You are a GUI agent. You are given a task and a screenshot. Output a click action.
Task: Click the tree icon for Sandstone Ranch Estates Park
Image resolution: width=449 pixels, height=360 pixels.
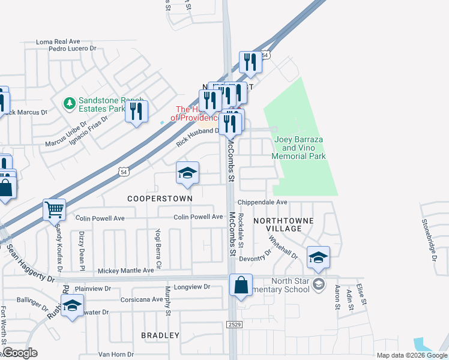pyautogui.click(x=70, y=104)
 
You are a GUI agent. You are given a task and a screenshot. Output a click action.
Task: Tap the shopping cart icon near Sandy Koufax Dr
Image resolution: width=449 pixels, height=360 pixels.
pyautogui.click(x=54, y=210)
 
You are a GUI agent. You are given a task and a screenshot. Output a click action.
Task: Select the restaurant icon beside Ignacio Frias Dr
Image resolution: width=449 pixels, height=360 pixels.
pyautogui.click(x=136, y=112)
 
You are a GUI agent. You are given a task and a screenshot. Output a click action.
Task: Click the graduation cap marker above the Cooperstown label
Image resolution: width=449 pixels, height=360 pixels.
pyautogui.click(x=187, y=173)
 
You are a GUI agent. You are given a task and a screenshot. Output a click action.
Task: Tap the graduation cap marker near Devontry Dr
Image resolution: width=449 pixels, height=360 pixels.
pyautogui.click(x=318, y=257)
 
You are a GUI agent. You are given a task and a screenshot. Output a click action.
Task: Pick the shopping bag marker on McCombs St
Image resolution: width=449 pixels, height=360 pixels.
pyautogui.click(x=241, y=286)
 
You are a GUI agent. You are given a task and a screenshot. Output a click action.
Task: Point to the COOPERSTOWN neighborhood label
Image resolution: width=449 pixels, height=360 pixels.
pyautogui.click(x=160, y=198)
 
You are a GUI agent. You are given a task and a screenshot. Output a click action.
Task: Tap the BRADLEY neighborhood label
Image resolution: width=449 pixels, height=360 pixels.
pyautogui.click(x=160, y=335)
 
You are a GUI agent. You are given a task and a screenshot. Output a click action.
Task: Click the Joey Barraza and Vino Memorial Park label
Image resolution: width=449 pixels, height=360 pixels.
pyautogui.click(x=298, y=148)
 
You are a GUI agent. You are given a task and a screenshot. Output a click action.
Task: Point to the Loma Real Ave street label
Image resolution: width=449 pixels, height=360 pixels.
pyautogui.click(x=58, y=42)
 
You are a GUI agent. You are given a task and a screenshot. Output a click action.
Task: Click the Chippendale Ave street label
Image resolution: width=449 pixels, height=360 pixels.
pyautogui.click(x=262, y=203)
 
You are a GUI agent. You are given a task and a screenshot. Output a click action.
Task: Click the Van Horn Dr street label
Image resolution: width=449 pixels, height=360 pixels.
pyautogui.click(x=116, y=354)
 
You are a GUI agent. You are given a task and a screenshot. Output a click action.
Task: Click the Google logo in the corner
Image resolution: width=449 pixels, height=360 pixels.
pyautogui.click(x=20, y=353)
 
